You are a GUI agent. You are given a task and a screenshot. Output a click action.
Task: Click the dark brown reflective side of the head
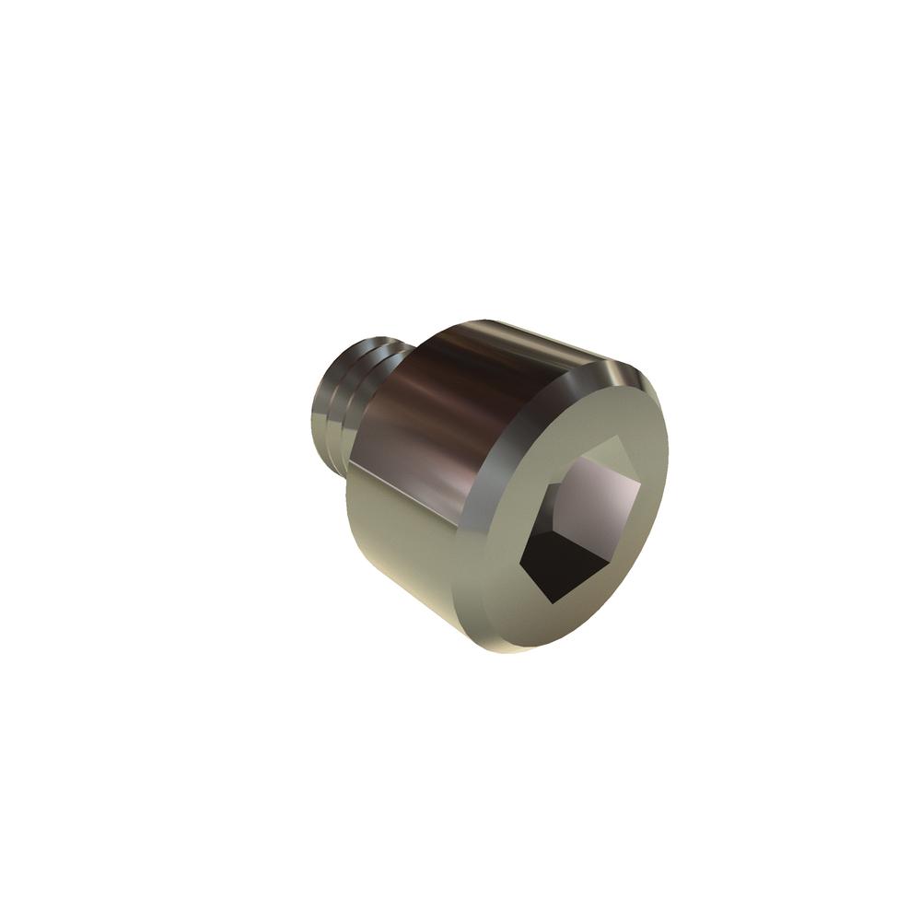pyautogui.click(x=433, y=405)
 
